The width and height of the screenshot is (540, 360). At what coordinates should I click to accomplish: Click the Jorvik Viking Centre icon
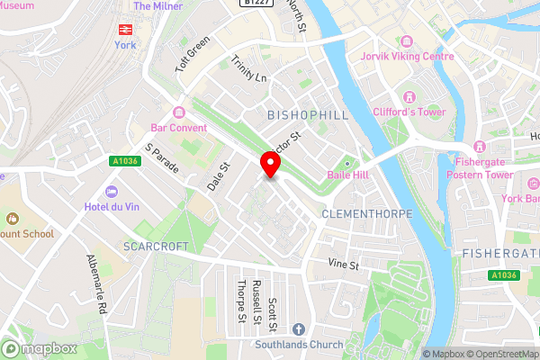[406, 42]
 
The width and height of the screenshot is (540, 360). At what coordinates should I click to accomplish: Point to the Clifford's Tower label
[409, 112]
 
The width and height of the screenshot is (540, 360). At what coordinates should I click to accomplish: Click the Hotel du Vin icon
[112, 192]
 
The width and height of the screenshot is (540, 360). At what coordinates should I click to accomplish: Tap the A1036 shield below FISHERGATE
[504, 275]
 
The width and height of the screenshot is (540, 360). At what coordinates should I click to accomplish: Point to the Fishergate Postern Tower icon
[479, 147]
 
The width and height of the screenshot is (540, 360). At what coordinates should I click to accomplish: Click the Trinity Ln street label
[249, 69]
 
